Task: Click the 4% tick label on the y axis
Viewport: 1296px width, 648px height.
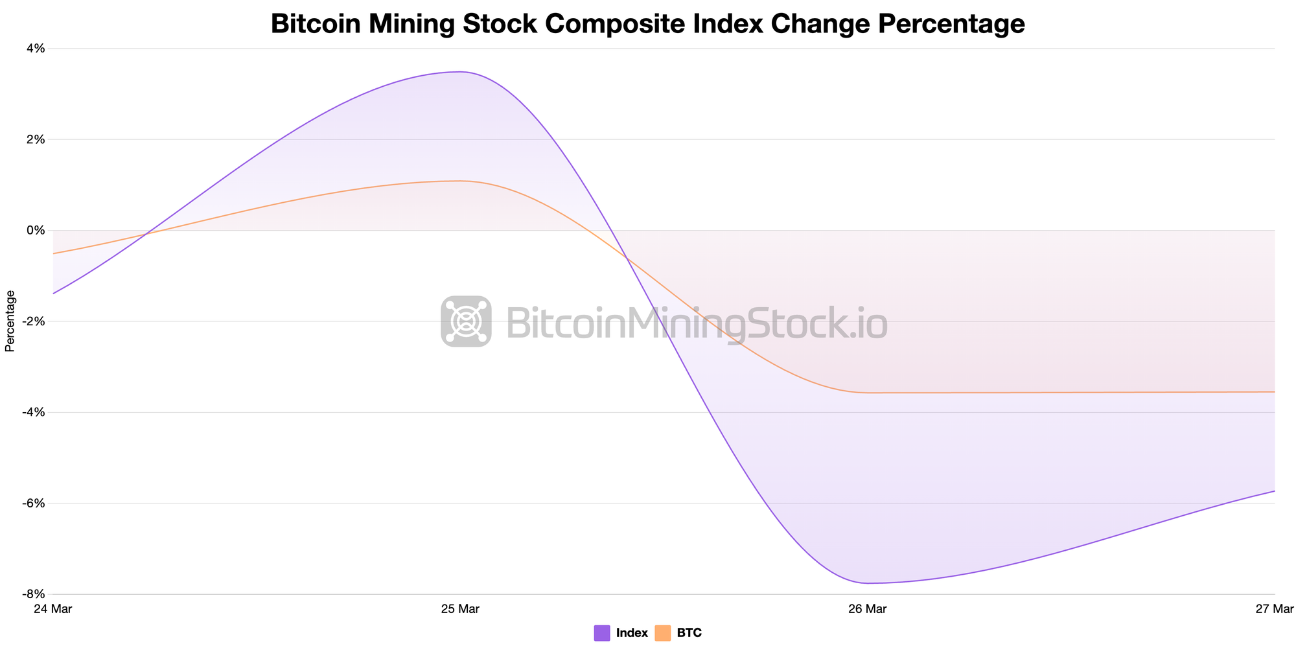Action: coord(36,49)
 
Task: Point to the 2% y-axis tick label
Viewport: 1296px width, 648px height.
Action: coord(36,139)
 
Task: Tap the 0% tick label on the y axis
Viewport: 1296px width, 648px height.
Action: coord(36,230)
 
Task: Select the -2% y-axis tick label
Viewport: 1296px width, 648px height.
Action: coord(34,321)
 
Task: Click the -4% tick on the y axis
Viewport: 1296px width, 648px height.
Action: coord(34,412)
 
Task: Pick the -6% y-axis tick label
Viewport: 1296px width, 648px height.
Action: coord(34,503)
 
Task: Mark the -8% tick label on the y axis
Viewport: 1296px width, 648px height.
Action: coord(34,594)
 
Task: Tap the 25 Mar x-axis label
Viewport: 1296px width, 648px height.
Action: coord(459,609)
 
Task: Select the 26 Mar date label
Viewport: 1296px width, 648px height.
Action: coord(867,609)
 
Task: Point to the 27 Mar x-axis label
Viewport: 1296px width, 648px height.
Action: coord(1274,609)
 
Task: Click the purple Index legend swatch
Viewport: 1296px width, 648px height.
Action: coord(602,633)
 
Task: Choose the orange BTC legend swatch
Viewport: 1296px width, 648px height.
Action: coord(663,633)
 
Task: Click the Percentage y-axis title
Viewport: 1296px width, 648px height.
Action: coord(10,321)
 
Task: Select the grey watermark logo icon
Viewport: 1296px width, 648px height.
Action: coord(466,321)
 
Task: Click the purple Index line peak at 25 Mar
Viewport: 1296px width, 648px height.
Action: coord(459,72)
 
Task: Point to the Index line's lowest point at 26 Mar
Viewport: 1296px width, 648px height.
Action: coord(867,583)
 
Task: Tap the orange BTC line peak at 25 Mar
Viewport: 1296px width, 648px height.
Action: coord(459,181)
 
